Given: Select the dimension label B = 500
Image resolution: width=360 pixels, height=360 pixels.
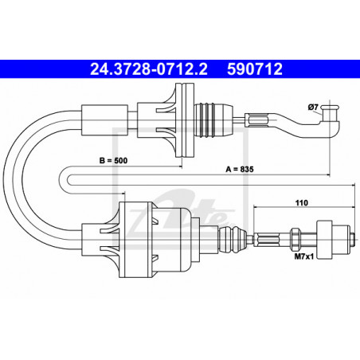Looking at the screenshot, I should point(113,161).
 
